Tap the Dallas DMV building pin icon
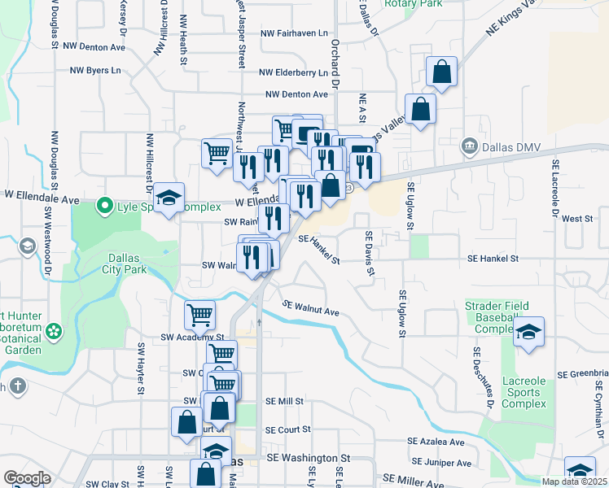(470, 146)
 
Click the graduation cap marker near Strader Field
(529, 332)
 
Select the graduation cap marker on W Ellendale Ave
(169, 198)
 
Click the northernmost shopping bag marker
(440, 72)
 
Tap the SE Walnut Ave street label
(310, 308)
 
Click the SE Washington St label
(308, 459)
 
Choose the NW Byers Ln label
(95, 71)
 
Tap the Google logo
(27, 478)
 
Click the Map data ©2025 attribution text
(574, 481)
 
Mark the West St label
(576, 219)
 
